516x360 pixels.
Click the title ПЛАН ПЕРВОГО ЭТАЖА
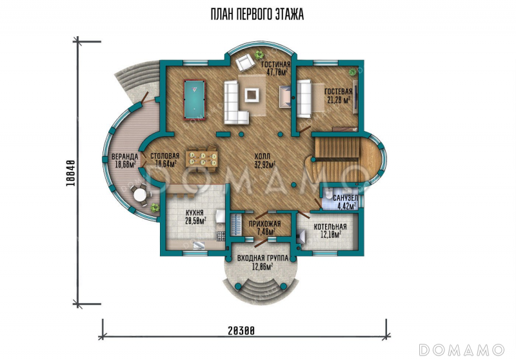(257, 14)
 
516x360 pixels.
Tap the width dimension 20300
(241, 331)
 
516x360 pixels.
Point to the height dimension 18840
(71, 173)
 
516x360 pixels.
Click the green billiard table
(194, 100)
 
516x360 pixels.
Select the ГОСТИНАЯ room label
(276, 64)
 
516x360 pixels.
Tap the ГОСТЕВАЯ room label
(338, 91)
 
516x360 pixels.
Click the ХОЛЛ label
(263, 156)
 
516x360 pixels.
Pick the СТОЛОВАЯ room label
(164, 156)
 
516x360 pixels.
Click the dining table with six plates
(201, 159)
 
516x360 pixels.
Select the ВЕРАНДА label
(124, 156)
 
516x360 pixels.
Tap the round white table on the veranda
(140, 195)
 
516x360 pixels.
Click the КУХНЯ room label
(194, 212)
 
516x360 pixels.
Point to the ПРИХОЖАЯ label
(264, 224)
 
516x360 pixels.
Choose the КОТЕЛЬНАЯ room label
(330, 226)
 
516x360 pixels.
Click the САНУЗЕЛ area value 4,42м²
(346, 206)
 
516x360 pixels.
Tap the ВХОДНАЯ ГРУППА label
(263, 258)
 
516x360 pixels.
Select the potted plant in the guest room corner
(353, 72)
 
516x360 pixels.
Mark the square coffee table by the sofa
(253, 94)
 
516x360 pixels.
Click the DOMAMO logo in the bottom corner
(461, 350)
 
